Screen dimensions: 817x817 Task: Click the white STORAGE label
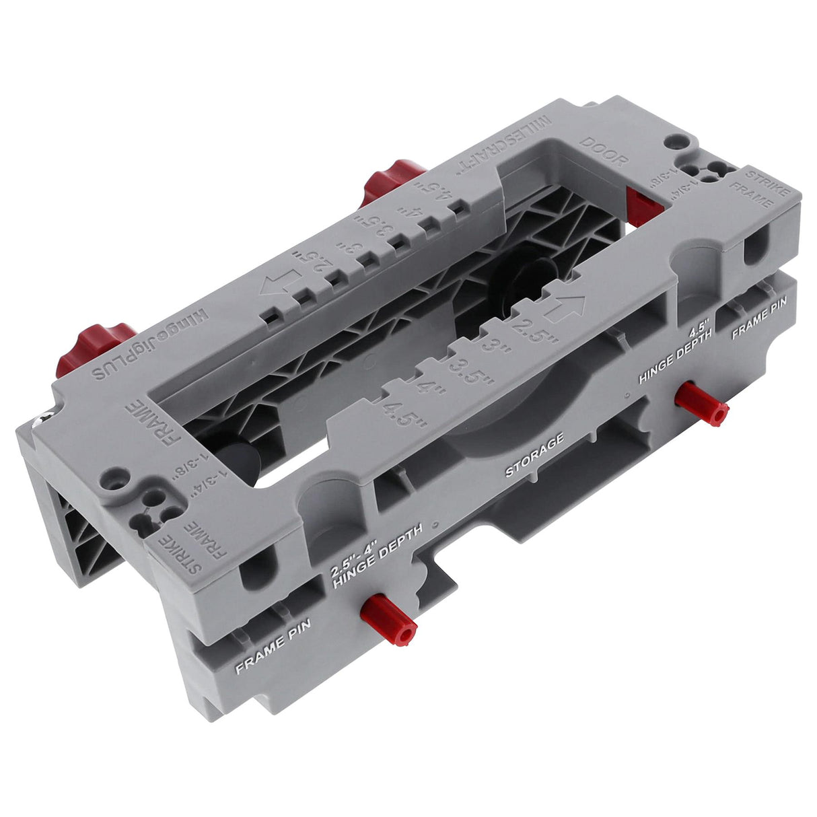point(534,456)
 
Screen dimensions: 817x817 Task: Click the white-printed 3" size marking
point(499,344)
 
